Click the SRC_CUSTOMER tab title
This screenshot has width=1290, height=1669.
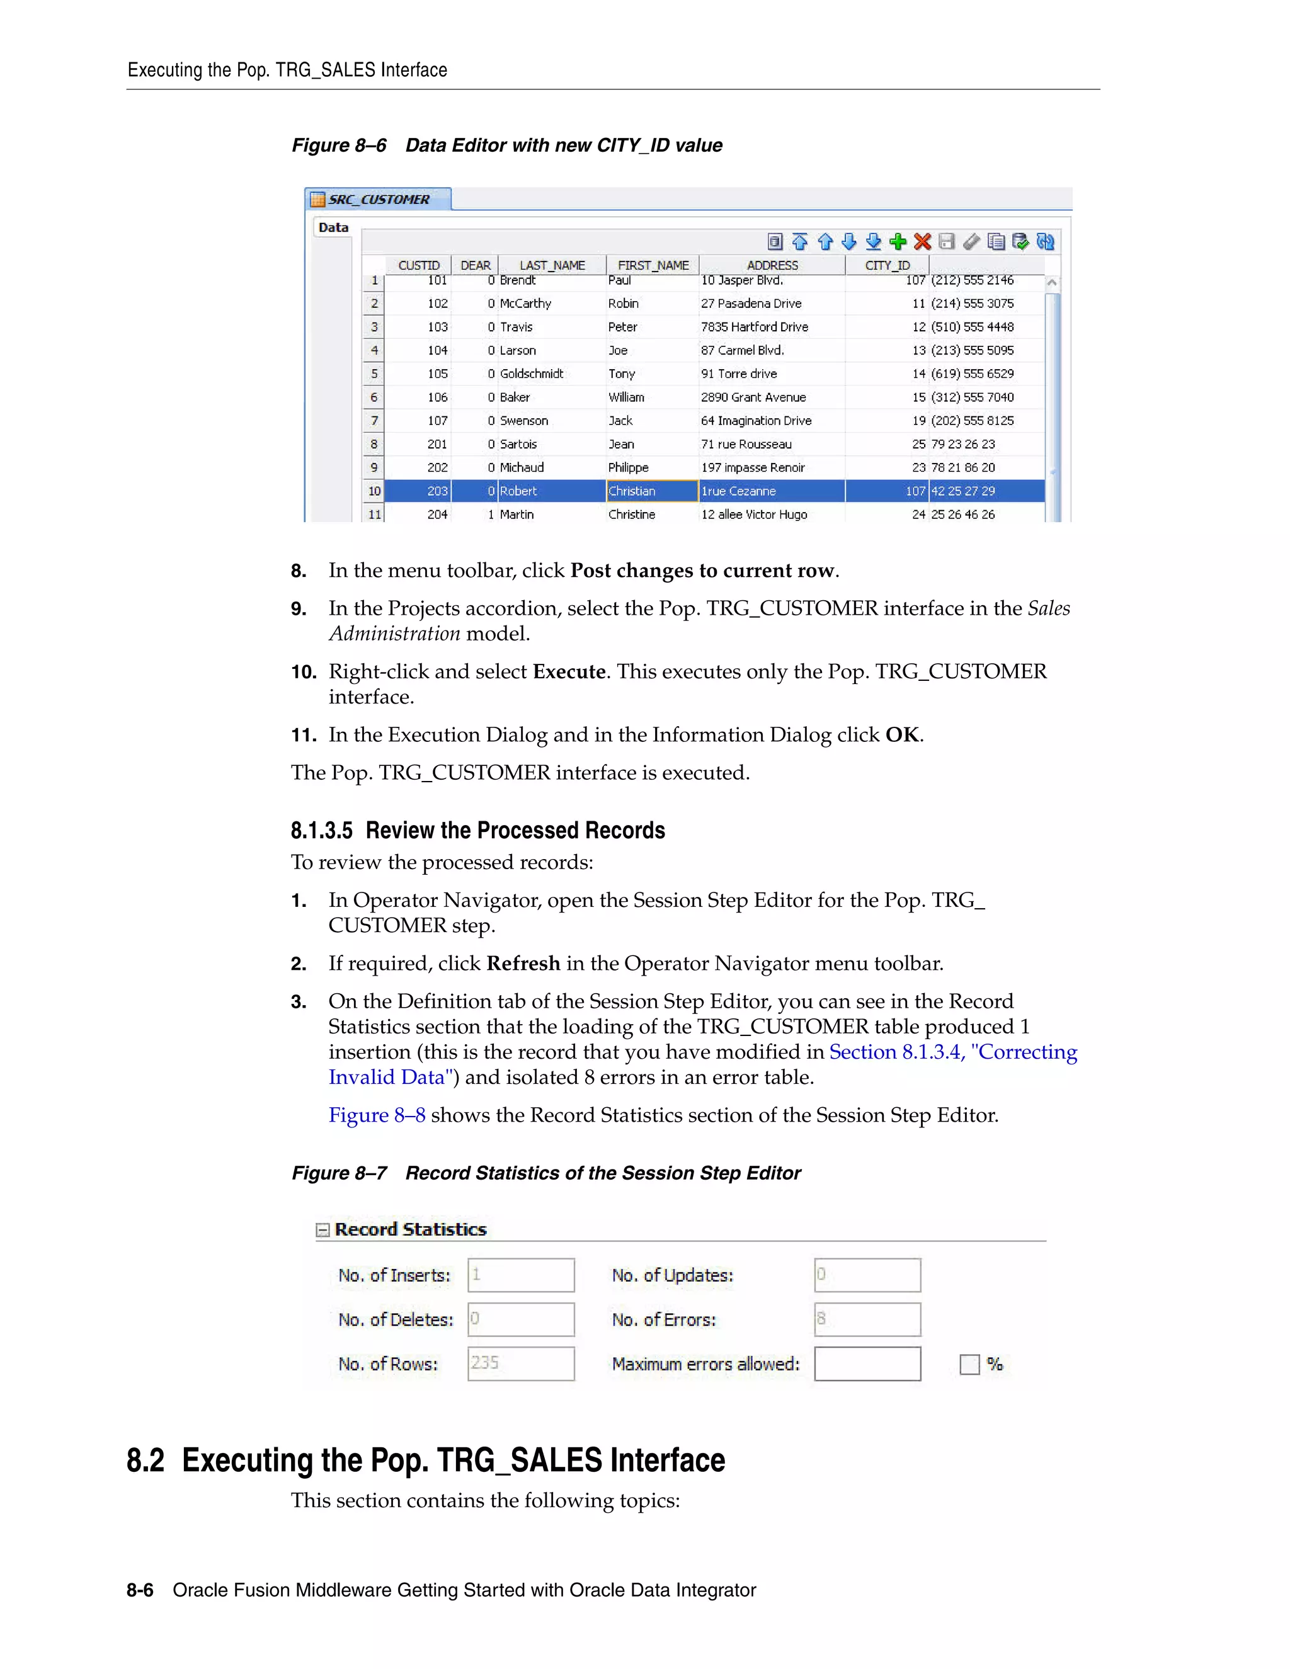(x=379, y=200)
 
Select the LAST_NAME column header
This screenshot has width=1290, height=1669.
(x=552, y=265)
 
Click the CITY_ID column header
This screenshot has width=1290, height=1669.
(x=886, y=265)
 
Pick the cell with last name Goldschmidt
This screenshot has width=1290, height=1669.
(x=531, y=373)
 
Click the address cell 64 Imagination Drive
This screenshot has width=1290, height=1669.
(x=756, y=420)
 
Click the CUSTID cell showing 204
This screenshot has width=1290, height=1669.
(x=437, y=515)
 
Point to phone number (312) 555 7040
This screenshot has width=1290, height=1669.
(x=972, y=397)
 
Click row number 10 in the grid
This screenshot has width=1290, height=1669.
(x=374, y=491)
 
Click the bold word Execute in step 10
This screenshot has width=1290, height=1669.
(x=569, y=672)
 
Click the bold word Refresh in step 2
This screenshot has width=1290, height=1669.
(x=523, y=964)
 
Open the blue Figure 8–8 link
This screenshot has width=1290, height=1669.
(x=377, y=1115)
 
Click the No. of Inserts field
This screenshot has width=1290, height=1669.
(x=520, y=1275)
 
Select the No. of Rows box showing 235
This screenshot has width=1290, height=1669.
(x=520, y=1364)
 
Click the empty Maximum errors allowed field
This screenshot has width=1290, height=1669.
(x=867, y=1364)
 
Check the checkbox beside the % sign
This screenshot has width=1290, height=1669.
(x=969, y=1364)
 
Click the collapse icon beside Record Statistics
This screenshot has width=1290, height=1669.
(x=322, y=1229)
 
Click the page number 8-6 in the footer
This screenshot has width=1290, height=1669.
(x=140, y=1590)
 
